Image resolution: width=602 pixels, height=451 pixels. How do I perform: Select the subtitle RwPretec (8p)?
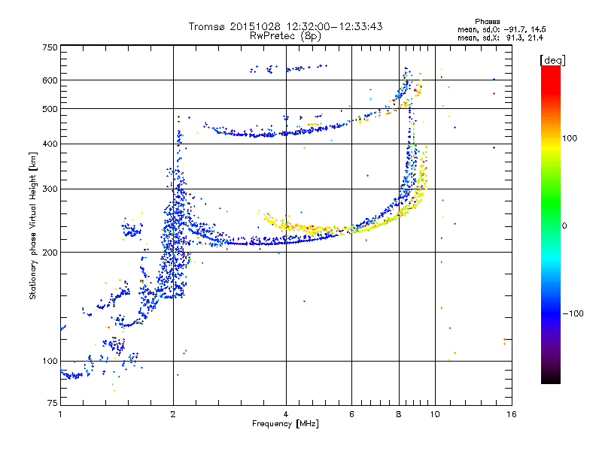(x=285, y=36)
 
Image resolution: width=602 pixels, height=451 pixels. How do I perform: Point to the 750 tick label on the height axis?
(x=50, y=47)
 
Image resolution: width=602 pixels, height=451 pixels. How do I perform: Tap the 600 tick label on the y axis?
(x=50, y=80)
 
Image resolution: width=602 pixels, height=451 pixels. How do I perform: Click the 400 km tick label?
(x=50, y=144)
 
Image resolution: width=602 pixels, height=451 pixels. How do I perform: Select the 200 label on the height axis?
(x=50, y=253)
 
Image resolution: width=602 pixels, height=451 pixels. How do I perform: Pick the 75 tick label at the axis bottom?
(x=53, y=403)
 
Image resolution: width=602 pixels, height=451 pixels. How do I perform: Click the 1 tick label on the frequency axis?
(x=60, y=414)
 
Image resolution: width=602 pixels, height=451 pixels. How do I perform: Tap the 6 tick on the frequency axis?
(x=351, y=414)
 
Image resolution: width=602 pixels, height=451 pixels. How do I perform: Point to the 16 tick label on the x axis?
(x=512, y=414)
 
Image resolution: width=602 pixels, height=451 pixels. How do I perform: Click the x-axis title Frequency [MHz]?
(x=285, y=424)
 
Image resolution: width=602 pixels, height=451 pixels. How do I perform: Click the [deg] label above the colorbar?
(x=552, y=60)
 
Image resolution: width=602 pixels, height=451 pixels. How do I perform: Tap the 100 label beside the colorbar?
(x=570, y=138)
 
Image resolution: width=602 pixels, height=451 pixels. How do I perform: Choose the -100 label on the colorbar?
(x=573, y=313)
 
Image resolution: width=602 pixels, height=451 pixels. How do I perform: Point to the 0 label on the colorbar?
(x=564, y=225)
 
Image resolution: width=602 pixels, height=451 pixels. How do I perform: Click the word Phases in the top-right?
(x=487, y=22)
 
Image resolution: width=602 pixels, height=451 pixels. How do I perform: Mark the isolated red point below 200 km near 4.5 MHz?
(x=305, y=301)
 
